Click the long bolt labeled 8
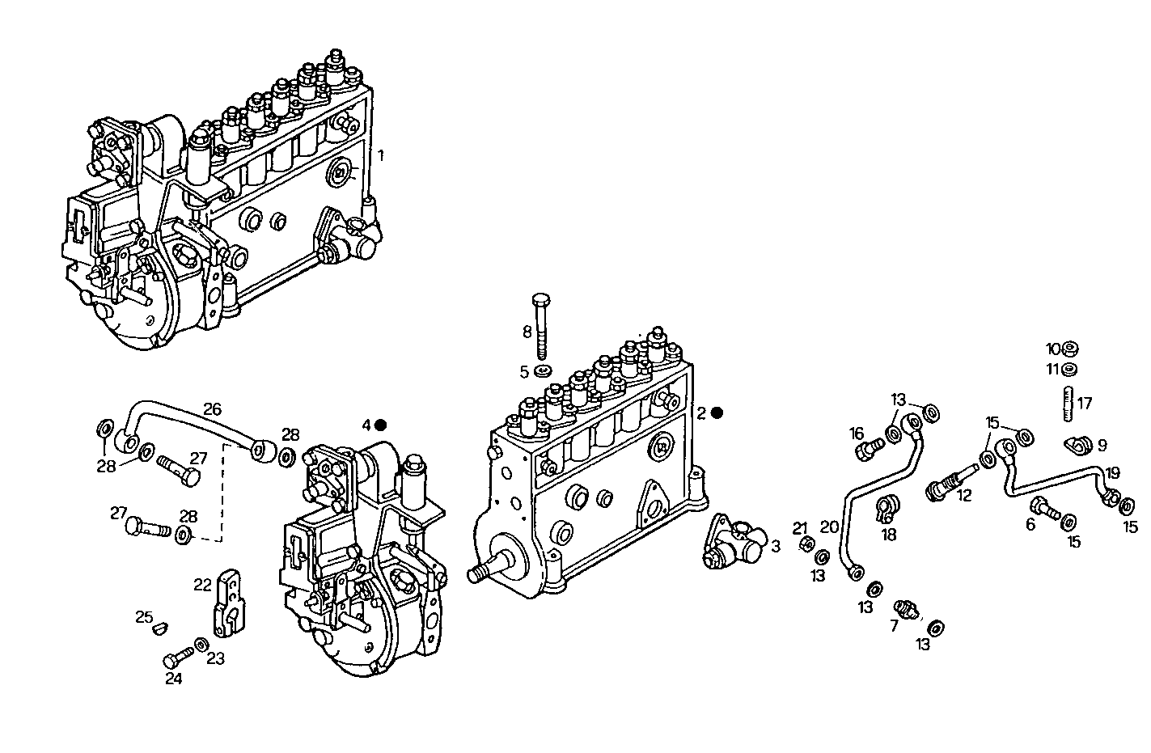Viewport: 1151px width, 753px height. (x=541, y=325)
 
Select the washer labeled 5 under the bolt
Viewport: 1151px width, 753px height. (x=544, y=371)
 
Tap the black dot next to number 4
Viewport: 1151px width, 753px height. (x=381, y=425)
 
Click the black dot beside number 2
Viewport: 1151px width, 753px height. (x=717, y=412)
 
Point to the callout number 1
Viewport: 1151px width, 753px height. (x=382, y=154)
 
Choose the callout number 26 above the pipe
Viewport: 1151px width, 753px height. (x=212, y=409)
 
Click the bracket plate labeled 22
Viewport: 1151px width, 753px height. (x=230, y=604)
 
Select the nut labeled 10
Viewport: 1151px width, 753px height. (x=1068, y=349)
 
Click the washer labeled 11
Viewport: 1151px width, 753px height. (x=1068, y=370)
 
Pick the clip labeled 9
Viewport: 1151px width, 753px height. (x=1077, y=444)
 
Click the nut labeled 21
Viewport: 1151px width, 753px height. (x=806, y=545)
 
